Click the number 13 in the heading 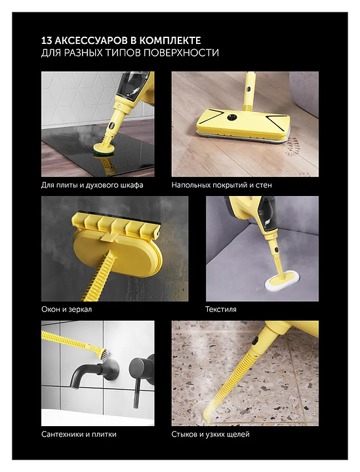point(47,41)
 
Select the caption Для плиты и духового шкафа point(92,185)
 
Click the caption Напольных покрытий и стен point(222,185)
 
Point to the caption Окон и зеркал point(66,309)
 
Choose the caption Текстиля point(221,309)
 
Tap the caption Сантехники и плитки point(79,435)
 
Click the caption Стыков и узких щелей point(210,435)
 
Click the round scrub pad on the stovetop point(102,149)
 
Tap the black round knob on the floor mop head point(231,117)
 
